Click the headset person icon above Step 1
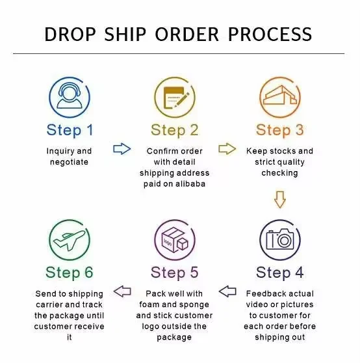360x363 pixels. coord(70,96)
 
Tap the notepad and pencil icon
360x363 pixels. coord(175,97)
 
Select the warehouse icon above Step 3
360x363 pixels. coord(280,96)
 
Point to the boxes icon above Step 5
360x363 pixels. coord(175,240)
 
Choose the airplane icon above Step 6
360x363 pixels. coord(70,240)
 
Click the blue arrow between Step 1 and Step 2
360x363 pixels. coord(122,148)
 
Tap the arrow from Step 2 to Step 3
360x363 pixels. coord(227,148)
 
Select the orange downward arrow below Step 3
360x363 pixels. coord(280,200)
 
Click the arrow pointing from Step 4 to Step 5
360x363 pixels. coord(227,291)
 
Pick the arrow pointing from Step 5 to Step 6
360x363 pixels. coord(122,291)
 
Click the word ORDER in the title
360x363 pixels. coord(186,34)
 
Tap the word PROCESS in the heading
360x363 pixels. coord(270,34)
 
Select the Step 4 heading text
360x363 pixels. coord(280,272)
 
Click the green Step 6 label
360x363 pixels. coord(70,272)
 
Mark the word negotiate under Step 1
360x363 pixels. coord(69,162)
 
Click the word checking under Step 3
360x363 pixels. coord(280,173)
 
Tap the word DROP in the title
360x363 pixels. coord(70,34)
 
